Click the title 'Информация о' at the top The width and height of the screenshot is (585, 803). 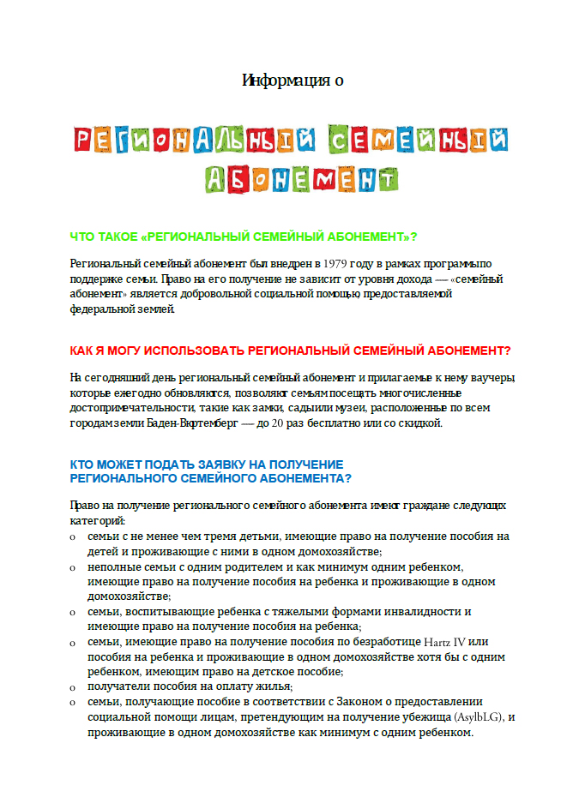point(292,81)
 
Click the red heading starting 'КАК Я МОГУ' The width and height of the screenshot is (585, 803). point(290,351)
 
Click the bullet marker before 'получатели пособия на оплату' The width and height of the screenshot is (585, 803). point(73,688)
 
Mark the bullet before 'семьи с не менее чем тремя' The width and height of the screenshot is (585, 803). point(73,537)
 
